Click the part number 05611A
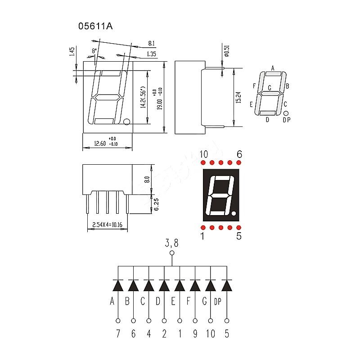click(96, 26)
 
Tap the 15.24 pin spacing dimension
click(238, 98)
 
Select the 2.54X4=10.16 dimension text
click(108, 224)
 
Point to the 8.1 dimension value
click(152, 44)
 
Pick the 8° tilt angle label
click(94, 51)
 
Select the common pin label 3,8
click(171, 244)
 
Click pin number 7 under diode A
click(118, 334)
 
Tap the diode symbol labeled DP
click(226, 286)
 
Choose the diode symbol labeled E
click(180, 286)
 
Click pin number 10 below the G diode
click(211, 334)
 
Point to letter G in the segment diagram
click(270, 88)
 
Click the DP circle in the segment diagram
click(286, 113)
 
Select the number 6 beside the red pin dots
click(239, 154)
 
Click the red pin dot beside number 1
click(203, 228)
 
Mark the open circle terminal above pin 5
click(226, 321)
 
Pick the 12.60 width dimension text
click(99, 144)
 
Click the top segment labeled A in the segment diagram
click(272, 74)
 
